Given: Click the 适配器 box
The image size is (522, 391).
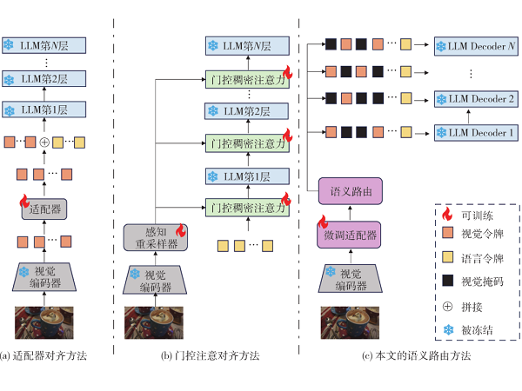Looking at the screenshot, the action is pos(44,209).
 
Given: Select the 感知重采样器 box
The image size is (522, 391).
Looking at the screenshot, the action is pos(156,237).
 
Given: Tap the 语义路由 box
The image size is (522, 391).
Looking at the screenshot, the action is pos(351,191).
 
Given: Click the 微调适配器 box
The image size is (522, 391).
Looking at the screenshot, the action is pos(349,235).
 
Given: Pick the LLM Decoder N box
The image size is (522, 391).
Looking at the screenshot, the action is pos(476,46).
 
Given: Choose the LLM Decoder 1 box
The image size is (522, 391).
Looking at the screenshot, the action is pos(476,133).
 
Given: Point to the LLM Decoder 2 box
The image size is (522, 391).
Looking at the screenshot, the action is pos(476,99).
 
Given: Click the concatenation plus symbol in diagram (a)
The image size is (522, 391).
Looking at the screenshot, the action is pos(44,142).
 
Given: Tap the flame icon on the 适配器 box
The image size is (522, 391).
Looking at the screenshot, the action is pos(24,202).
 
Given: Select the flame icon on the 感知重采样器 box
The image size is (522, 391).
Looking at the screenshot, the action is pos(181,230).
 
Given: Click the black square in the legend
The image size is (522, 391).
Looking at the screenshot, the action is pos(447,281).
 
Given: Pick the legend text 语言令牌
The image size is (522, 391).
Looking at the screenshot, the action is pos(482,258).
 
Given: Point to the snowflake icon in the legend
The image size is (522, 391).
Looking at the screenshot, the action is pos(448,329).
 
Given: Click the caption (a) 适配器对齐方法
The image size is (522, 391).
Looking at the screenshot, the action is pos(43,355).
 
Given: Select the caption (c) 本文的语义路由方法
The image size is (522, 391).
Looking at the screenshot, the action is pos(416,355).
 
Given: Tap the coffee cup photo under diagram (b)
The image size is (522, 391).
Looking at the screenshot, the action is pos(154,322).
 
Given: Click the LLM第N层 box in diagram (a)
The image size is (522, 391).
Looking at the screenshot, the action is pos(44,45).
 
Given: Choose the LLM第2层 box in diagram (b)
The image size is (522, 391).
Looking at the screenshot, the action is pos(246,111).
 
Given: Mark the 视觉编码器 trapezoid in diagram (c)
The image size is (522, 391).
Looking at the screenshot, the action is pos(351,279).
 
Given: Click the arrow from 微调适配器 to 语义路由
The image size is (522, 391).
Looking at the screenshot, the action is pos(350,213).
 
